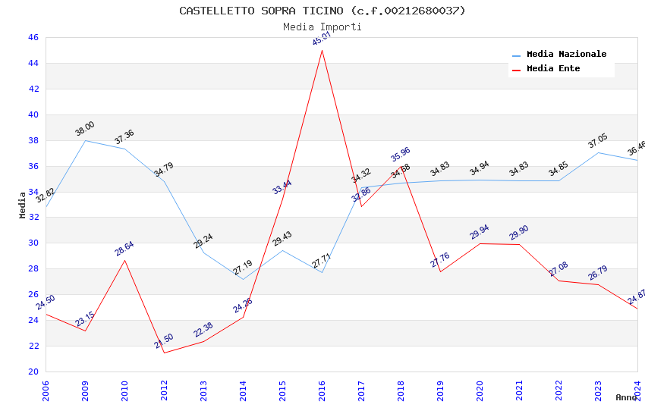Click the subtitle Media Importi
(322, 27)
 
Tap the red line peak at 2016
(322, 50)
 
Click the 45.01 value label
(322, 39)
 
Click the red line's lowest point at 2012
(164, 353)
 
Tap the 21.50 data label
(164, 341)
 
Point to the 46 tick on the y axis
(33, 37)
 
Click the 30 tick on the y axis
(33, 243)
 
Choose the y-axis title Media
(23, 205)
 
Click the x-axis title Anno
(626, 397)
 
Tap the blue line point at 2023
(598, 152)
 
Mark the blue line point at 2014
(243, 279)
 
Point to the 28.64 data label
(124, 249)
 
